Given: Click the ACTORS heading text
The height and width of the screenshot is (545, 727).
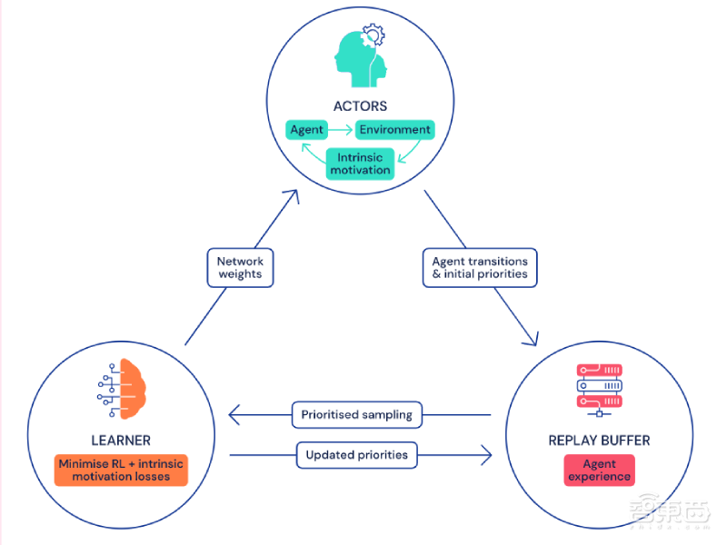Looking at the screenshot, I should click(x=360, y=106).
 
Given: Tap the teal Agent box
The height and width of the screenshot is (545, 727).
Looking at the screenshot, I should click(x=306, y=130).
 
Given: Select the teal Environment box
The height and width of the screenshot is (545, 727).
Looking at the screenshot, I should click(x=393, y=130).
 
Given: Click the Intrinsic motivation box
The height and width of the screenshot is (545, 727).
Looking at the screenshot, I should click(x=360, y=163).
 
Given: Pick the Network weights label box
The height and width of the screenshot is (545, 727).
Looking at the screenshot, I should click(x=240, y=268).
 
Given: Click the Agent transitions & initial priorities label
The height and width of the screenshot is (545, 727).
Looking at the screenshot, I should click(x=480, y=268).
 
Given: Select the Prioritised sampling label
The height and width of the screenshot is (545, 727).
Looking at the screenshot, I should click(x=356, y=415).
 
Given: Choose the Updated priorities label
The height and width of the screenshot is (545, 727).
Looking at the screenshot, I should click(x=356, y=454).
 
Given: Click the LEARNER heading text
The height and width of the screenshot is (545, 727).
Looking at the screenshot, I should click(x=120, y=441).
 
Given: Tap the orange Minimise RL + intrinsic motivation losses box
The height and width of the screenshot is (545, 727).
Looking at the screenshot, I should click(x=120, y=470).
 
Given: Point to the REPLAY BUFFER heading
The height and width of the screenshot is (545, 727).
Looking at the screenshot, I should click(x=599, y=441).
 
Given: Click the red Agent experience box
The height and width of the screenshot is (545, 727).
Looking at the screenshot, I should click(x=599, y=470).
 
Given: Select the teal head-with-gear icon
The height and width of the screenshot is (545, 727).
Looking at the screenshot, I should click(x=359, y=57).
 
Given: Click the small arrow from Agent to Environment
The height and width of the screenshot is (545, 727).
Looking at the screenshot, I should click(x=339, y=130).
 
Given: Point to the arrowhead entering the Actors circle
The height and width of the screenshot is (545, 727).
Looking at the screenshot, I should click(x=294, y=193).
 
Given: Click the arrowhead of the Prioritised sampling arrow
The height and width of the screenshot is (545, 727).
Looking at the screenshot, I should click(x=234, y=415).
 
